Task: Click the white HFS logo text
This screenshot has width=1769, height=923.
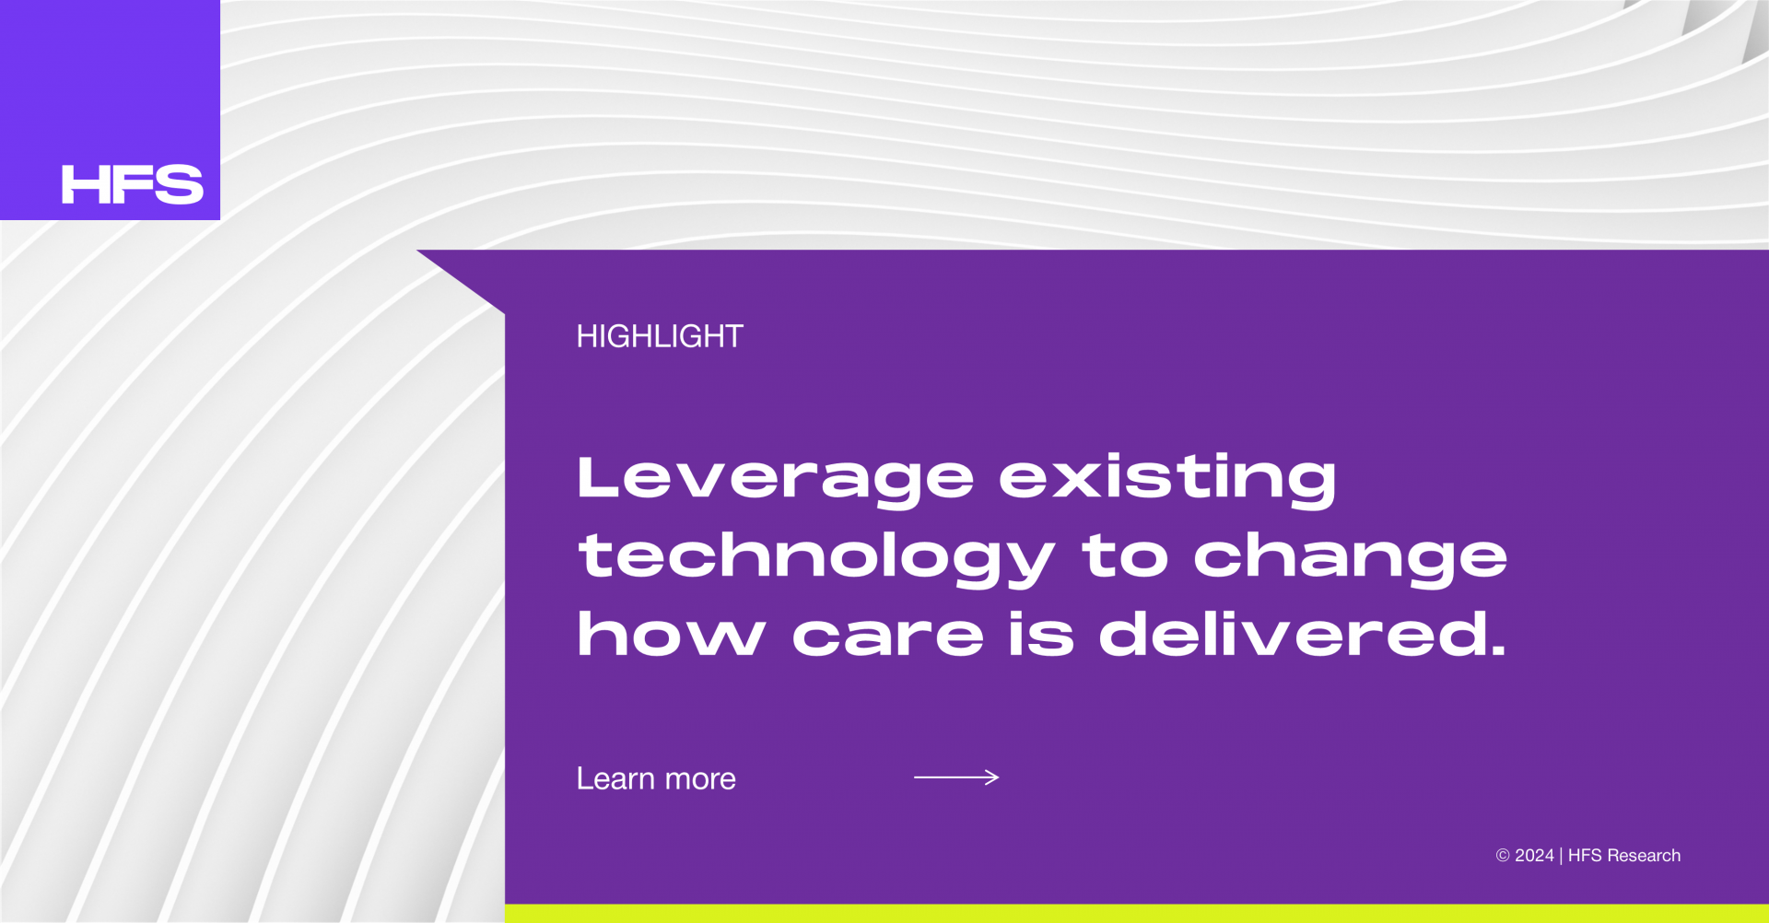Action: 133,184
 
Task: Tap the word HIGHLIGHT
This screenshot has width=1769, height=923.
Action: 660,336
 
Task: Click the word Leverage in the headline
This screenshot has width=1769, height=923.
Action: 775,479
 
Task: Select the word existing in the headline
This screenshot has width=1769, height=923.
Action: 1167,479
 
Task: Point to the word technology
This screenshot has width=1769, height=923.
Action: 816,558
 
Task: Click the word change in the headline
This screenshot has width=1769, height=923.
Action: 1351,558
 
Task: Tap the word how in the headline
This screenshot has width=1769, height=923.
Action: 672,634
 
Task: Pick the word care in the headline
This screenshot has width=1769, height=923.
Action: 888,636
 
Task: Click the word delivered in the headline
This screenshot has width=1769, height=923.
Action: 1303,634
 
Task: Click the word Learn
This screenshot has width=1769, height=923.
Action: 615,778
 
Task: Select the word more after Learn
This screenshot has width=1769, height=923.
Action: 700,780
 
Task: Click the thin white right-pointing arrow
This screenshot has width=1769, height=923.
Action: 956,777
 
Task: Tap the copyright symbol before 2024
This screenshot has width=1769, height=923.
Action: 1503,856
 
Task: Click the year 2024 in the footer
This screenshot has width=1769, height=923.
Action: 1535,856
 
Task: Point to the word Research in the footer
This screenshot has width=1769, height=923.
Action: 1644,856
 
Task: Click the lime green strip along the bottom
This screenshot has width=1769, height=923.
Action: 1137,913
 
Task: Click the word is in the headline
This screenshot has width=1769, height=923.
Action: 1041,634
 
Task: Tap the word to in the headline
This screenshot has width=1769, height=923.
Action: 1125,556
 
